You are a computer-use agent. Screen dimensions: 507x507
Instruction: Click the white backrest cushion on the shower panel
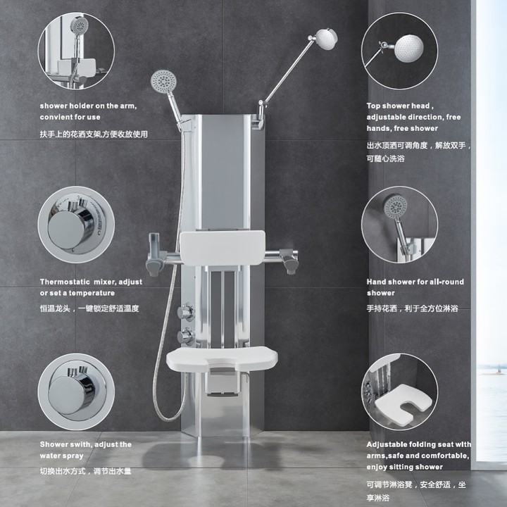click(222, 248)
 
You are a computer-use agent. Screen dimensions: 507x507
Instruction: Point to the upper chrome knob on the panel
click(186, 312)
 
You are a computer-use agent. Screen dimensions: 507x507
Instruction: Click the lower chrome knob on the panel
click(186, 337)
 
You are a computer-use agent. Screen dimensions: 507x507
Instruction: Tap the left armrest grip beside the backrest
click(154, 256)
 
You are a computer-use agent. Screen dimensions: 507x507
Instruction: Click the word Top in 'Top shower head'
click(373, 106)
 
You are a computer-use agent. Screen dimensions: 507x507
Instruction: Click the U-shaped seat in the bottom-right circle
click(403, 402)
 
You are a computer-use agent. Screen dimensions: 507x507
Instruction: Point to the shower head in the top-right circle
click(409, 49)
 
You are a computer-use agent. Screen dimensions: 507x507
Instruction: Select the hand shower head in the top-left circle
click(79, 24)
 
